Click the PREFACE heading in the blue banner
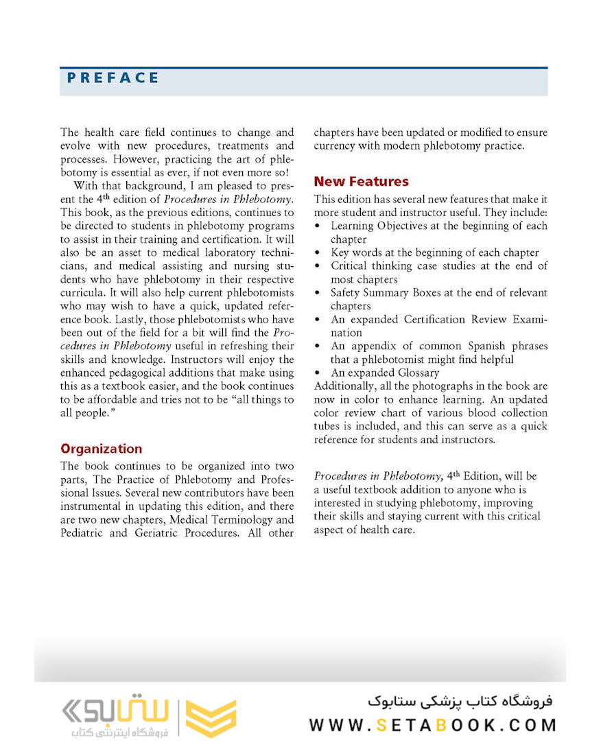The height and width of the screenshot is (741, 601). pos(113,78)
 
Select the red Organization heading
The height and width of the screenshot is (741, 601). pos(101,449)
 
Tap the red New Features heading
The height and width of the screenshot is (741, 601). pos(361,182)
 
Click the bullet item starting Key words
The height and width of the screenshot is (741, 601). pos(434,252)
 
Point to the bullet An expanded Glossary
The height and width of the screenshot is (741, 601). pos(384,373)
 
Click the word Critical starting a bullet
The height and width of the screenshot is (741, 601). pos(351,266)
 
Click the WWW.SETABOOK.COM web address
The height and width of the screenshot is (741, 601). pos(432,725)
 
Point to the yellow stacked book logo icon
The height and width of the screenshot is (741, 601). pos(211,718)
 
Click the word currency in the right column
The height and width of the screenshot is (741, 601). pos(336,146)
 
